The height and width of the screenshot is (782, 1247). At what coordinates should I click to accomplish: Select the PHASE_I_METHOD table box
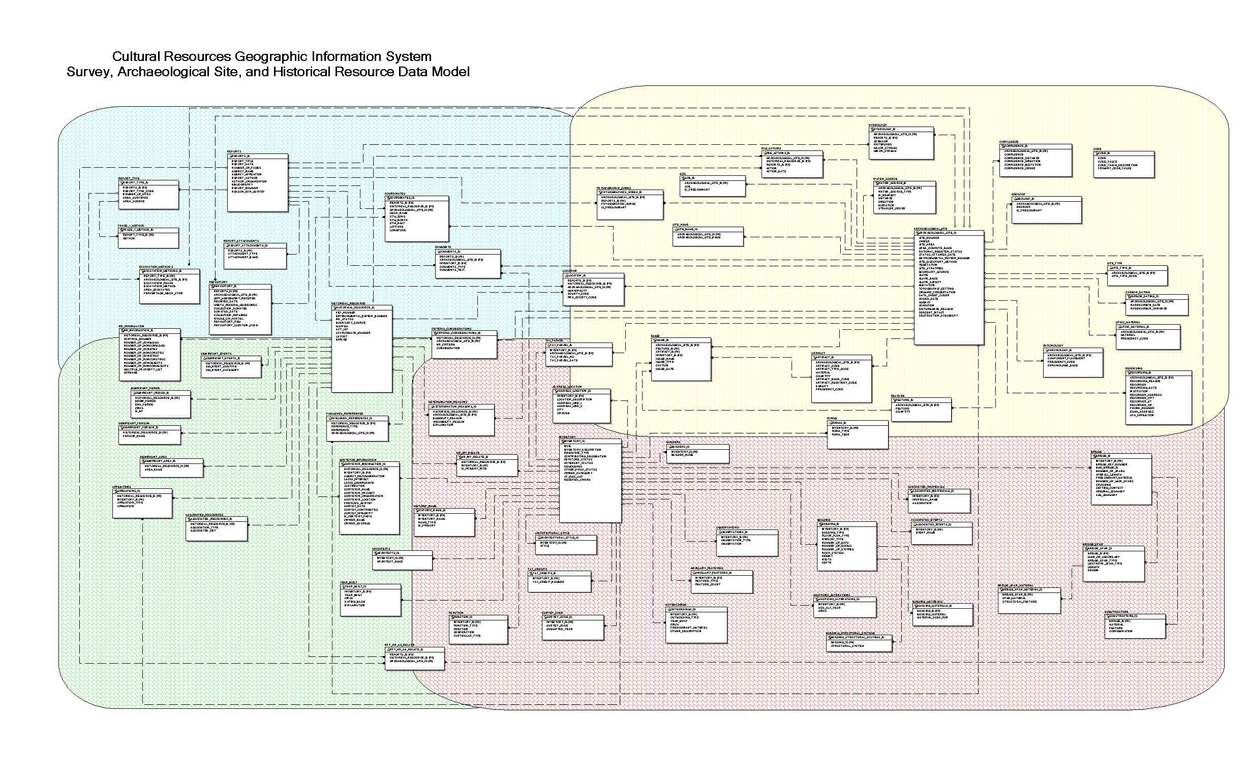coord(148,238)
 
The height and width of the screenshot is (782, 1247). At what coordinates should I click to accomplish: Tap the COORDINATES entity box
coord(416,218)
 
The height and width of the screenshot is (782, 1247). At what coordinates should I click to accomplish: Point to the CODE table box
coord(1123,165)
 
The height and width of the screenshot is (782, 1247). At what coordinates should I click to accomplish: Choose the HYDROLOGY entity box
coord(901,143)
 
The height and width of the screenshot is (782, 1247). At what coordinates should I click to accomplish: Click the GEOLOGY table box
coord(1046,209)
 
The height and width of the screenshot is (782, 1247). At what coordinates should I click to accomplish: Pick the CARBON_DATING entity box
coord(1156,305)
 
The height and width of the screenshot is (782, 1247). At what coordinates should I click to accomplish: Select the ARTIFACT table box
coord(841,378)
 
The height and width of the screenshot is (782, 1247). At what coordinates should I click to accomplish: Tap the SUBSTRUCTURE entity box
coord(1135,627)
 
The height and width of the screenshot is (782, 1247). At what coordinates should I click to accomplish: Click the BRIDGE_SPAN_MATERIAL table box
coord(1028,601)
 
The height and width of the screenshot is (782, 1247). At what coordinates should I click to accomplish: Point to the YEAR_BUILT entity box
coord(370,600)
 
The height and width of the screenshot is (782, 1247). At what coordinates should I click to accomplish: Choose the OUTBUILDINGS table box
coord(696,624)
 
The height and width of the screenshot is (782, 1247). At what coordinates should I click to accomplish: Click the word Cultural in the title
coord(137,56)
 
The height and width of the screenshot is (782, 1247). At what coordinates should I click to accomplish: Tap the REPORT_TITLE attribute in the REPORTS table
coord(242,162)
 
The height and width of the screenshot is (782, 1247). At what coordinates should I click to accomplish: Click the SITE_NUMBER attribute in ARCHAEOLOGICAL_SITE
coord(929,238)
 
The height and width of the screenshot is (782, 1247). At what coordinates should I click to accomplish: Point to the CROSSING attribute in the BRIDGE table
coord(1103,485)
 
